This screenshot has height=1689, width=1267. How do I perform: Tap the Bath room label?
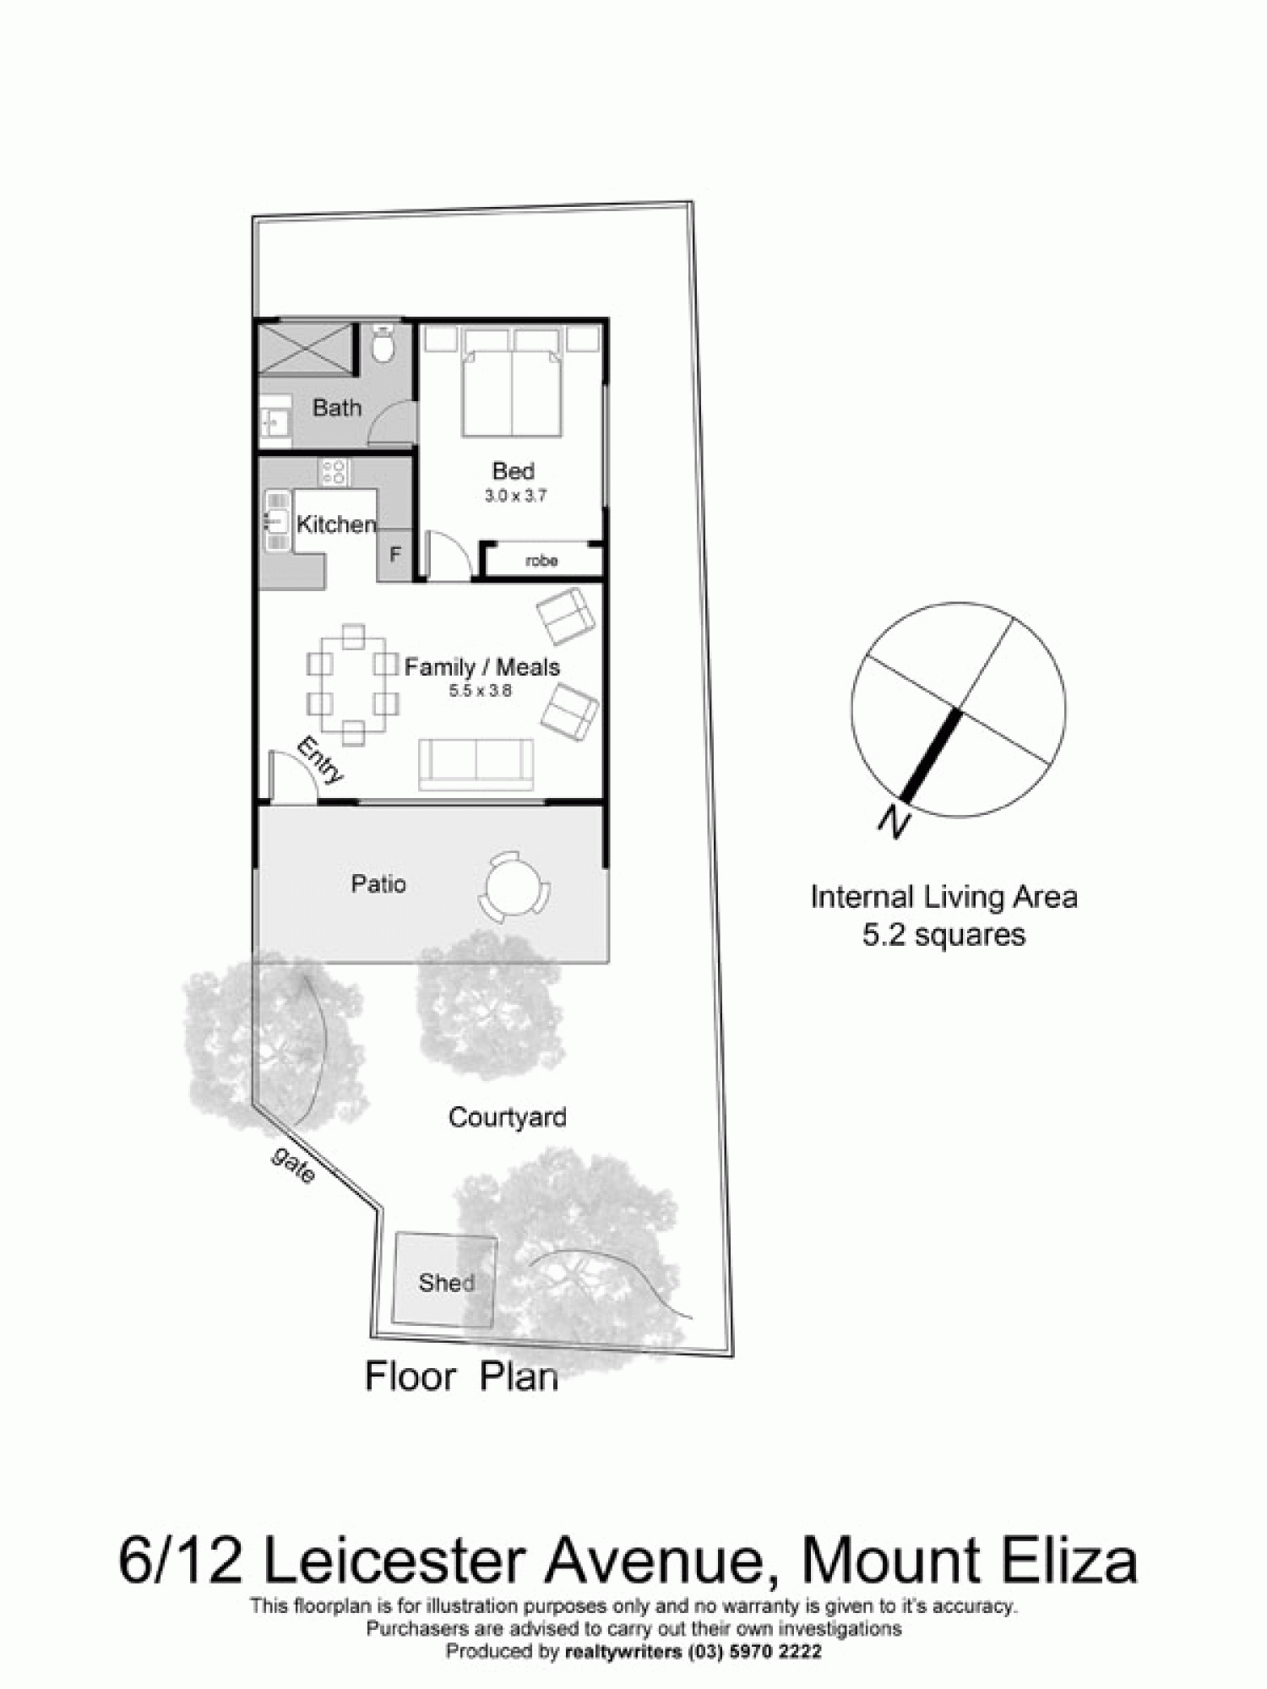(336, 408)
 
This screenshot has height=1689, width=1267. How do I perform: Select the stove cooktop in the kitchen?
(333, 471)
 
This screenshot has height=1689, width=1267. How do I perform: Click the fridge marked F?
(394, 555)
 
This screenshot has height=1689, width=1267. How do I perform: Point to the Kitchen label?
(335, 524)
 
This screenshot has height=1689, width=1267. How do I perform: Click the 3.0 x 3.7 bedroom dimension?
(514, 496)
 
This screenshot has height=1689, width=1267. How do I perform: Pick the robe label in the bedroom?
(541, 560)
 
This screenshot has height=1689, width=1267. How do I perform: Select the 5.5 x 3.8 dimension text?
(480, 691)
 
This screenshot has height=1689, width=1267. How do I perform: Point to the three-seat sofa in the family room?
(476, 764)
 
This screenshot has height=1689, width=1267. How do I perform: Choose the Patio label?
(378, 884)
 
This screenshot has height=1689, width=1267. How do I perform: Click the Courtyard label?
(507, 1117)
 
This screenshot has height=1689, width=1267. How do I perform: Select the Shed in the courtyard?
(445, 1282)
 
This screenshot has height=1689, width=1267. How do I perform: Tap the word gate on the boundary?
(293, 1165)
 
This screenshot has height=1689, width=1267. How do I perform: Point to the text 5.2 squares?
(943, 935)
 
